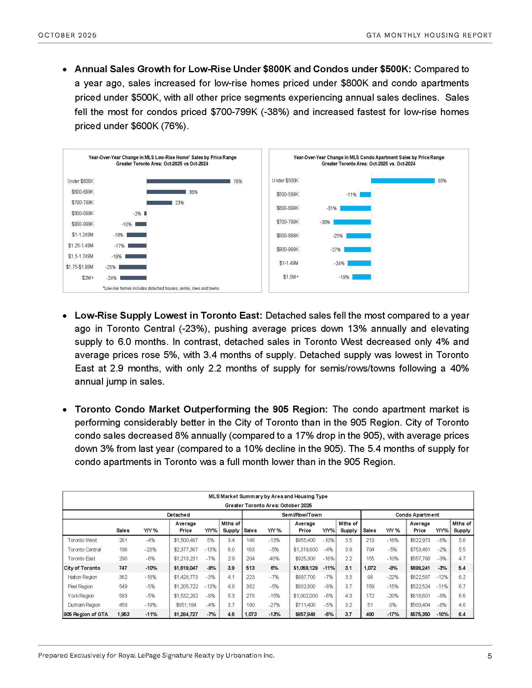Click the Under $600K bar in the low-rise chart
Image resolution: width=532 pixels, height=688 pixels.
(x=188, y=181)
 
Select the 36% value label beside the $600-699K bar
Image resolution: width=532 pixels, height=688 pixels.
(x=193, y=192)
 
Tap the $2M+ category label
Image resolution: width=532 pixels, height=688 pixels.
(x=88, y=278)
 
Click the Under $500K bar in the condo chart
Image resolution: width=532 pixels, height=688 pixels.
(x=402, y=181)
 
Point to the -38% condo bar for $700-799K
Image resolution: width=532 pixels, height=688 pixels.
(x=352, y=222)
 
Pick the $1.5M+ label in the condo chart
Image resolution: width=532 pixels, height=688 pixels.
(x=291, y=277)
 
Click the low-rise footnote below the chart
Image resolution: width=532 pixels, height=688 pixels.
(x=161, y=288)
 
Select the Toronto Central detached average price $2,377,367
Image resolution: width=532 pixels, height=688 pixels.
(x=186, y=549)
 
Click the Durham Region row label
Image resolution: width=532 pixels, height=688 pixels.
(x=84, y=605)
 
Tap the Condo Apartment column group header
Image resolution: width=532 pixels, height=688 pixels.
(x=417, y=515)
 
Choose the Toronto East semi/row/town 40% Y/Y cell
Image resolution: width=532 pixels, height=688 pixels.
(x=274, y=559)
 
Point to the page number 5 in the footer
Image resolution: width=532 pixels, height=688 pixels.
(x=489, y=656)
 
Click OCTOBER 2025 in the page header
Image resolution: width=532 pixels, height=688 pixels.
(x=68, y=35)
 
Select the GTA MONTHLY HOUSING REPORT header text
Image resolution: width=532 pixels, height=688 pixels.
(x=429, y=35)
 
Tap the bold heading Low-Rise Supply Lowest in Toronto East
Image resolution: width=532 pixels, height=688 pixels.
(x=168, y=315)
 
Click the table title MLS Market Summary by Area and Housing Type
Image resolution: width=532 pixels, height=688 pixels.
(x=268, y=497)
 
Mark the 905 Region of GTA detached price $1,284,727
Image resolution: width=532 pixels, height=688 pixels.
(x=186, y=614)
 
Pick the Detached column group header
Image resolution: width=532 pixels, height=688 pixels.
(x=178, y=515)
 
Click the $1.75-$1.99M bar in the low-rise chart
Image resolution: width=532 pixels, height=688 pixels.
(x=132, y=267)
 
